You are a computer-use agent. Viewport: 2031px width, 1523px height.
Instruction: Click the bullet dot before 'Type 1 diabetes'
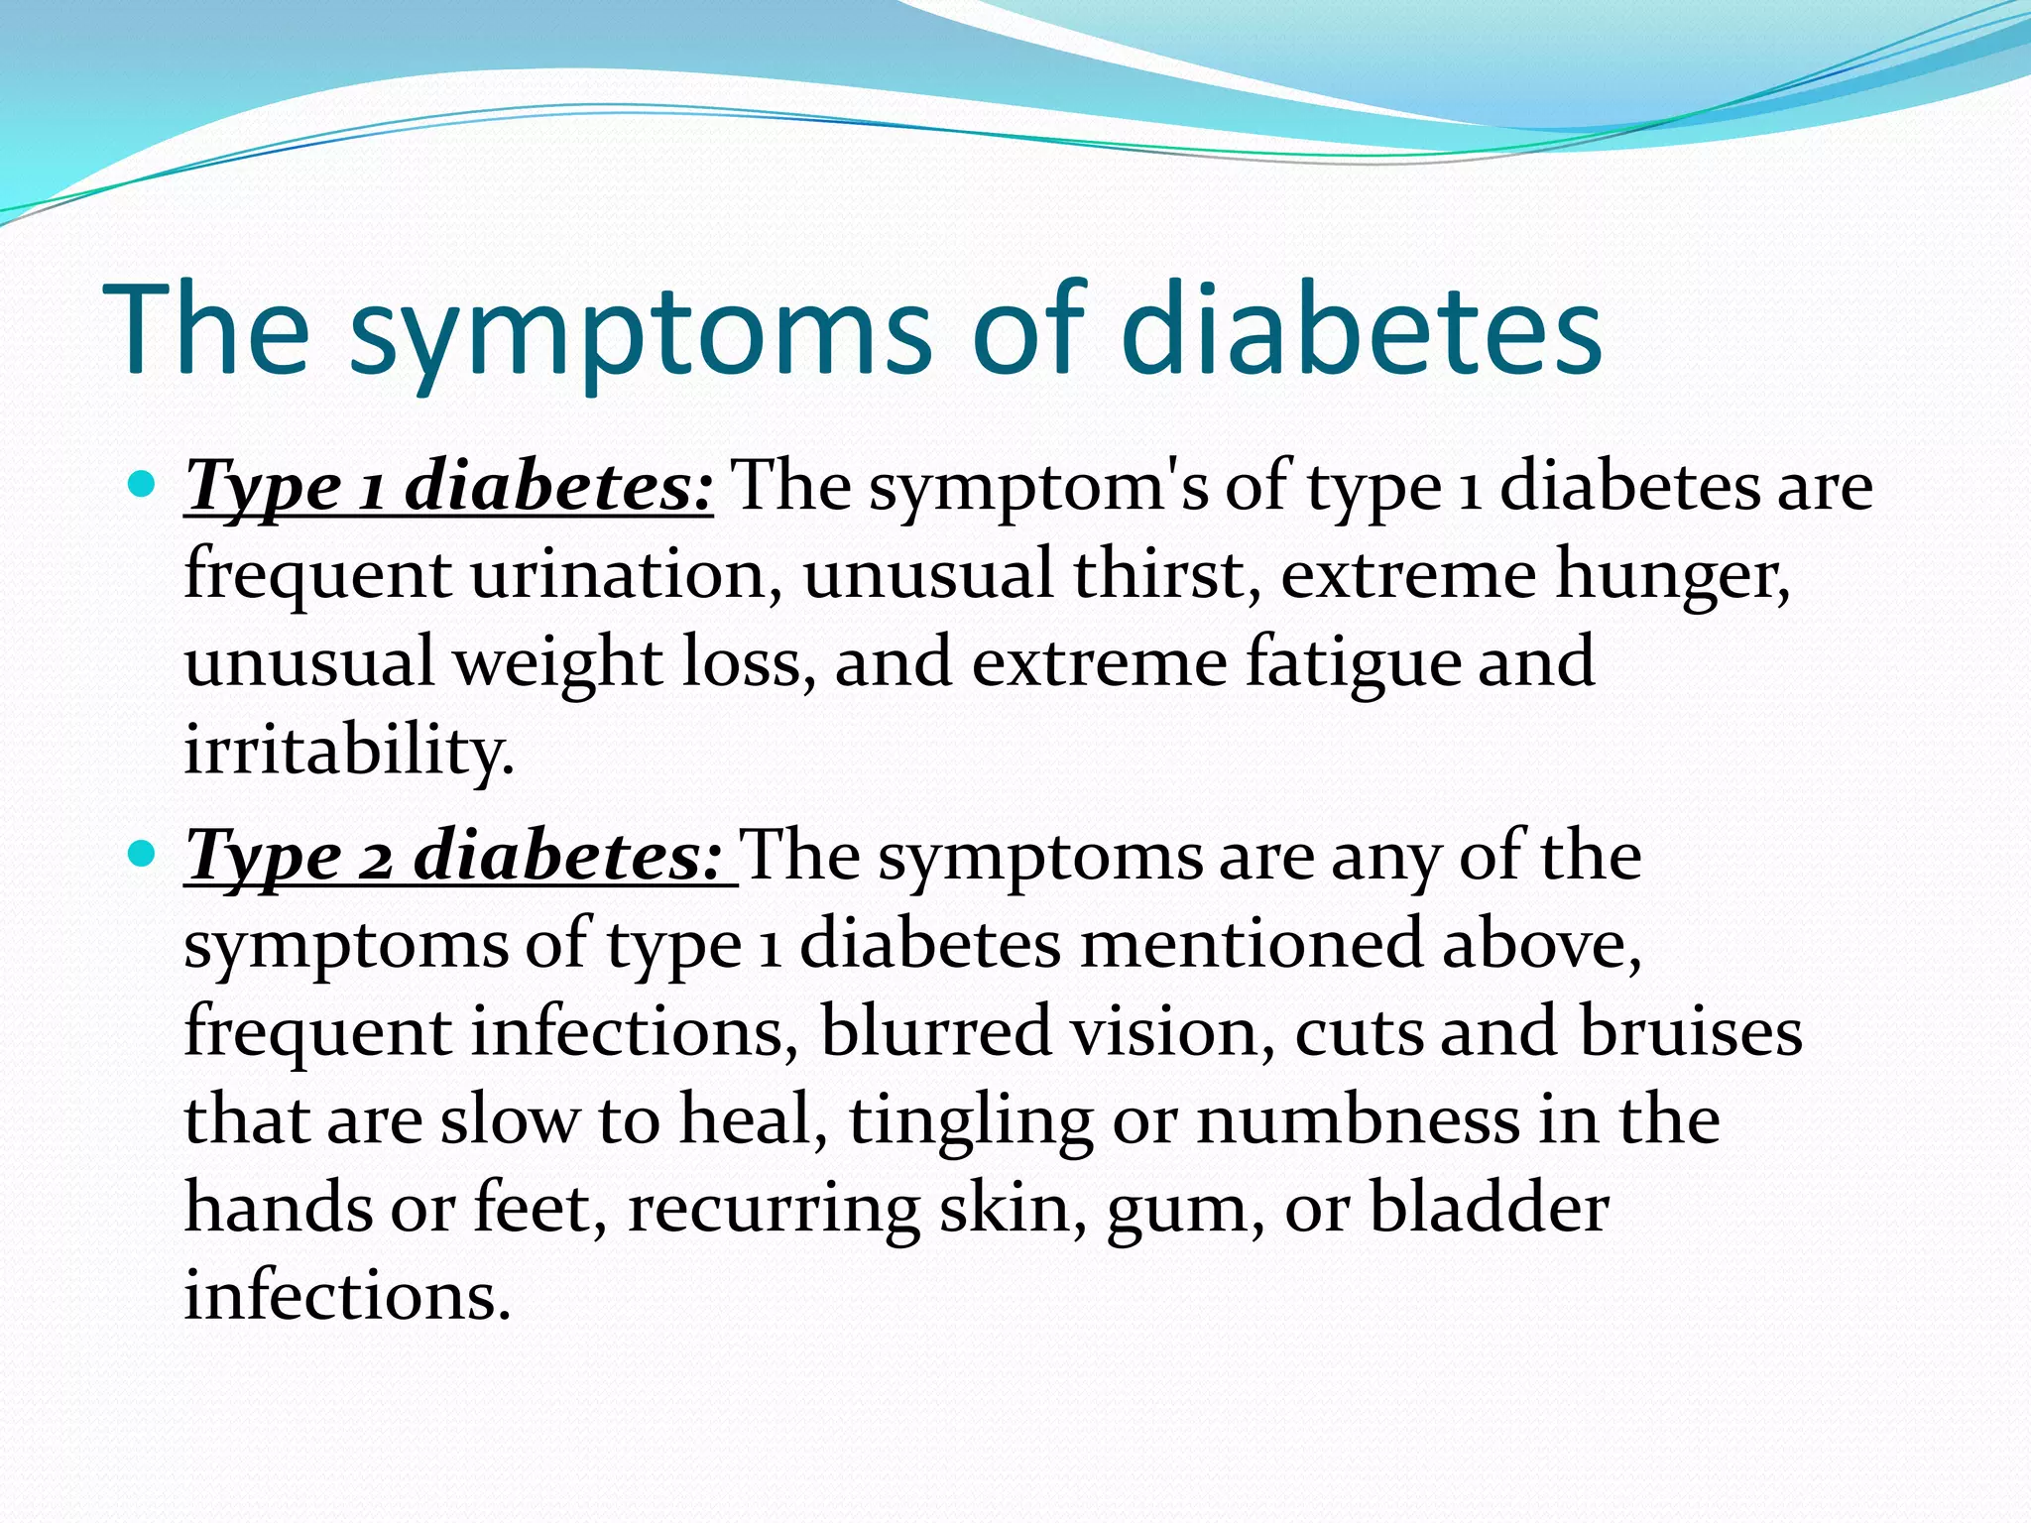tap(143, 485)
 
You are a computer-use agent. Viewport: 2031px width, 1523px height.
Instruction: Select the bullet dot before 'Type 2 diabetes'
tap(143, 853)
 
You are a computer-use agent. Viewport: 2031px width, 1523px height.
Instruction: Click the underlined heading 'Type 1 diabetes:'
tap(448, 487)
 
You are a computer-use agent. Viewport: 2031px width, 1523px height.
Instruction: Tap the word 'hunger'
tap(1672, 576)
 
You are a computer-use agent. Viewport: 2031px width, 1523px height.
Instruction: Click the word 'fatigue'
tap(1354, 662)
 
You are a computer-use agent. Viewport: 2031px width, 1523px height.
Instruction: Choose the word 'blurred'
tap(935, 1031)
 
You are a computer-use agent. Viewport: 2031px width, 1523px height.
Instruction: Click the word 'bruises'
tap(1691, 1031)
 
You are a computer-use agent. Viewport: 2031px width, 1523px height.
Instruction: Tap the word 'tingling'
tap(971, 1120)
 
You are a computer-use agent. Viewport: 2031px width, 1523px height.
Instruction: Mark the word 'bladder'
tap(1489, 1208)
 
